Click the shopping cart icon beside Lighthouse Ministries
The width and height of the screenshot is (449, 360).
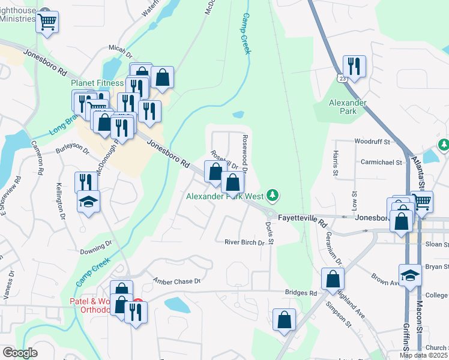pos(47,23)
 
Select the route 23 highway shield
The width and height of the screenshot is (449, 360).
pos(342,78)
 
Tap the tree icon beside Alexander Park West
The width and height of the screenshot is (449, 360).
pos(273,195)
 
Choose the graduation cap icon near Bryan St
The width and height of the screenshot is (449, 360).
pos(411,275)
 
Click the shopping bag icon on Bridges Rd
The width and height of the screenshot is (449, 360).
pos(332,279)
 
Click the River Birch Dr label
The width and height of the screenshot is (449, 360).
pos(244,242)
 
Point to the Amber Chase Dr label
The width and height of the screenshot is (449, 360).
pos(176,281)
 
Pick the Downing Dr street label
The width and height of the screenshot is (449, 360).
pos(96,246)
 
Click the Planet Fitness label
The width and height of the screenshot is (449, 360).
pos(97,83)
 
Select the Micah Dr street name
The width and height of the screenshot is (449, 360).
pos(119,48)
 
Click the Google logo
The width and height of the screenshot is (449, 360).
pos(20,353)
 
